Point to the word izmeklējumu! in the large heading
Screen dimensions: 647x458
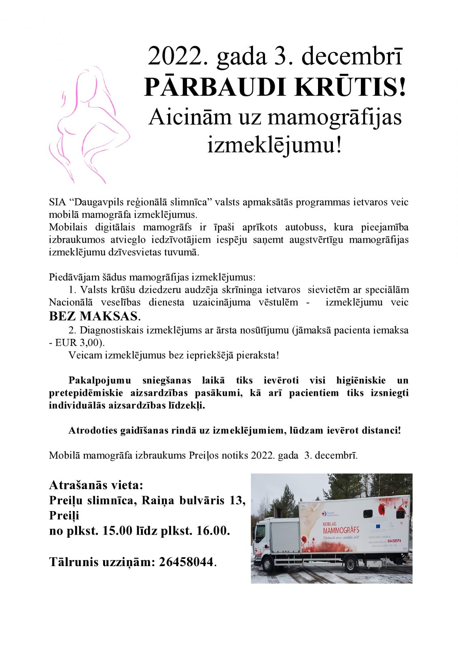click(275, 144)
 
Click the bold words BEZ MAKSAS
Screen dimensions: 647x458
click(95, 316)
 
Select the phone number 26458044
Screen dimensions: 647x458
click(186, 562)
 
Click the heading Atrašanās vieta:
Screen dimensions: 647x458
click(96, 485)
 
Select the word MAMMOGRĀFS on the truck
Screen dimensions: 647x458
click(341, 530)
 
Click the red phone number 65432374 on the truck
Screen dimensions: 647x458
click(394, 541)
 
